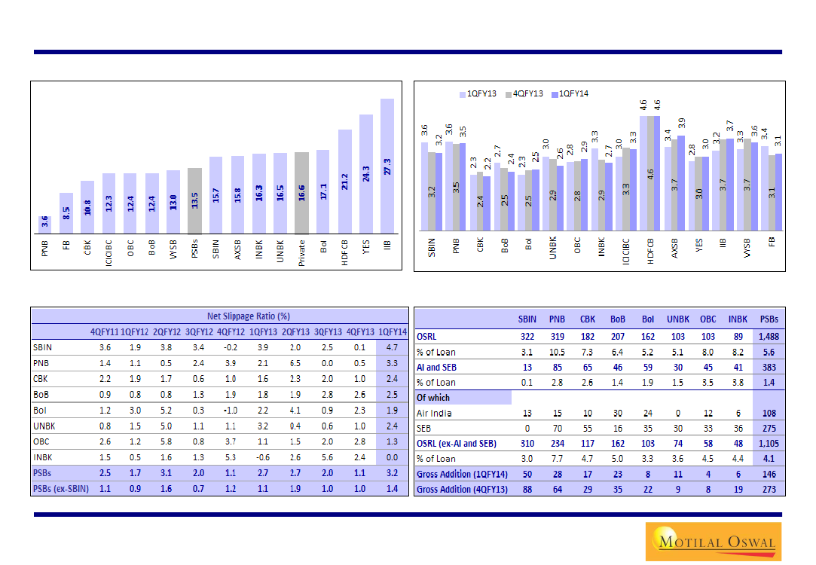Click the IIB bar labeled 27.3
(x=387, y=166)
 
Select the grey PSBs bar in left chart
(x=194, y=200)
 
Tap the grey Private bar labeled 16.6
(x=301, y=193)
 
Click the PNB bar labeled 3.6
(x=44, y=224)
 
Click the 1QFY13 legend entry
(x=478, y=93)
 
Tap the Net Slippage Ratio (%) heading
(x=249, y=316)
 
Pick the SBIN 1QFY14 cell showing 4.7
(x=392, y=348)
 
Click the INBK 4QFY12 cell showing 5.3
(x=231, y=457)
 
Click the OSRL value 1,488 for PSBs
(x=769, y=335)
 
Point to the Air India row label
(x=434, y=413)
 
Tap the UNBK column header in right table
(x=678, y=319)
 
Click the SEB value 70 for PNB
(x=557, y=428)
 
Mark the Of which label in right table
(x=433, y=397)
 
